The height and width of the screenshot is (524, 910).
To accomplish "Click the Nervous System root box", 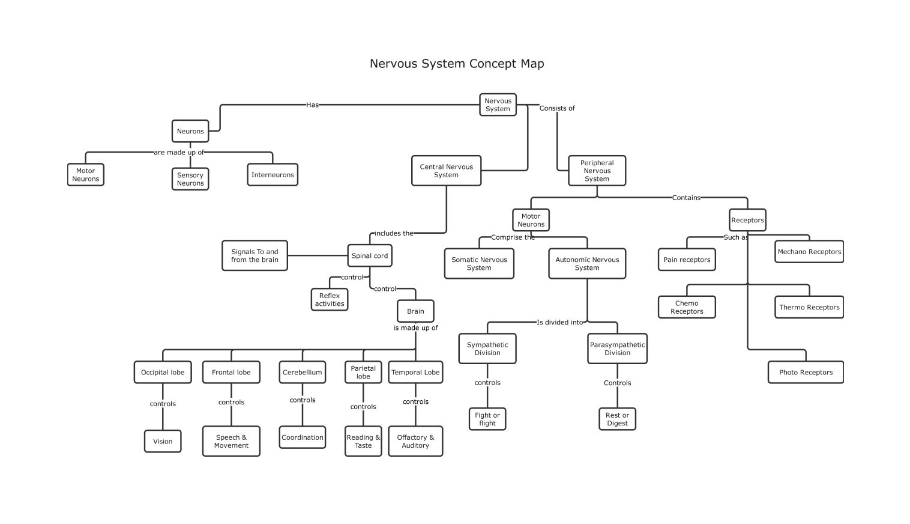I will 498,105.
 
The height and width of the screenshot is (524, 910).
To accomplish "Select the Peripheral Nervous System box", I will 597,171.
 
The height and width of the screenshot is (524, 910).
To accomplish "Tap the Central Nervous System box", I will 446,171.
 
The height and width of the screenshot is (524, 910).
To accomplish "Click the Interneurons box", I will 273,175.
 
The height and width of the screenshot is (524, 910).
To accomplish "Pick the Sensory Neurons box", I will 190,179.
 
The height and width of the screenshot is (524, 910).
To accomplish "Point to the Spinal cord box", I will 370,255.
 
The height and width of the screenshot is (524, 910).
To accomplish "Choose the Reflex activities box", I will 330,299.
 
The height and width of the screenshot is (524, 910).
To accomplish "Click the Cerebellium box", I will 303,372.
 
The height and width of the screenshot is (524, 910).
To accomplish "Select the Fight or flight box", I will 487,419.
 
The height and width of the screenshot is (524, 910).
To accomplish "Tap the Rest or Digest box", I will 617,419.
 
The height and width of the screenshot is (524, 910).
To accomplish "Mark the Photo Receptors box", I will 806,372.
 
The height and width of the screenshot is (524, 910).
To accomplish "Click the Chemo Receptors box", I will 687,307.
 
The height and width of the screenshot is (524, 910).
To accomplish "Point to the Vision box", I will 163,441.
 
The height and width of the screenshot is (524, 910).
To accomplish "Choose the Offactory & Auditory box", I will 415,441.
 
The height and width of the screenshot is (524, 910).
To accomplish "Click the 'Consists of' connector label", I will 557,108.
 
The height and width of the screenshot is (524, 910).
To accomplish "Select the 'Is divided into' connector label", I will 560,322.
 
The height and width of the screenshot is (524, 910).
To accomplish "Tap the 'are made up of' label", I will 179,152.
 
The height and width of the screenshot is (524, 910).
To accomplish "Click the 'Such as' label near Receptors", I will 736,237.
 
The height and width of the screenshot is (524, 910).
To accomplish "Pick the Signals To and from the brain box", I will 255,255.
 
